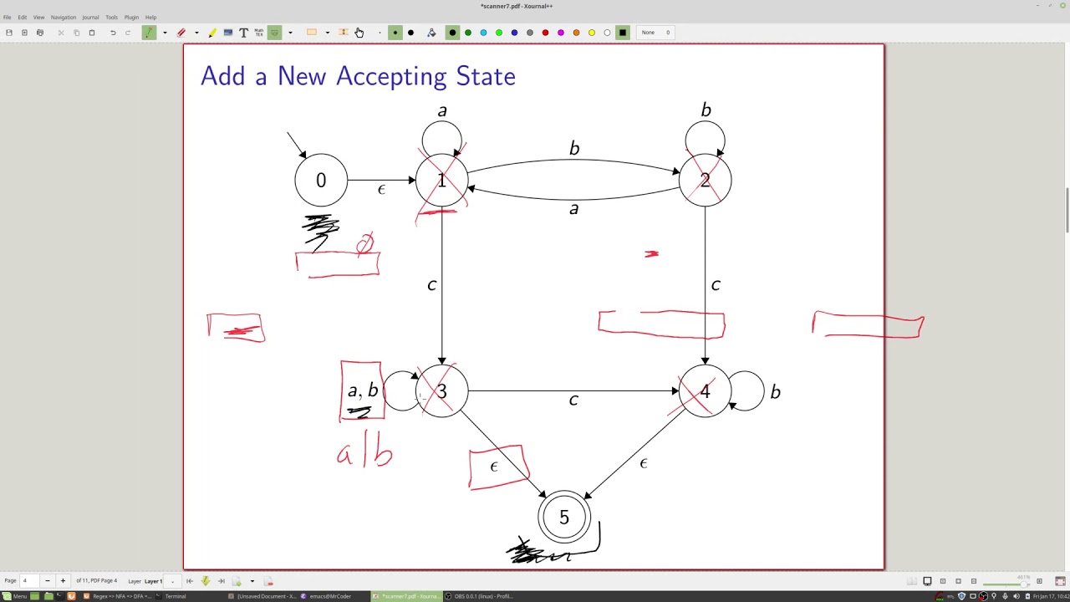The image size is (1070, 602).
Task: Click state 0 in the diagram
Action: tap(321, 181)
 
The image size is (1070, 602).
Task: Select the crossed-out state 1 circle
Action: tap(441, 181)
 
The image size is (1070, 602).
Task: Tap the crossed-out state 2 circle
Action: tap(705, 181)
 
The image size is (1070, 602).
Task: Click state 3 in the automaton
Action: tap(441, 391)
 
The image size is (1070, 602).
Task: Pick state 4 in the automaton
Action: tap(705, 391)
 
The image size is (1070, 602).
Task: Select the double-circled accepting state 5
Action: tap(564, 518)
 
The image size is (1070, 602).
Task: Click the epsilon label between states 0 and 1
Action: tap(381, 191)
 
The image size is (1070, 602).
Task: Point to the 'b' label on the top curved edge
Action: tap(574, 149)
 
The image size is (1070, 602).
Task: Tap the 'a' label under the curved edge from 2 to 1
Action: tap(573, 209)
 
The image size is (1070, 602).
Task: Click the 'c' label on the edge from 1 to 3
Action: tap(431, 285)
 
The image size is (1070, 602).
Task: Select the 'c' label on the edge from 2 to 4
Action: tap(716, 285)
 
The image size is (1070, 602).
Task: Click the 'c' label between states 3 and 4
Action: tap(573, 400)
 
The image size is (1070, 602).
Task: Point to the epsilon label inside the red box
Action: tap(494, 467)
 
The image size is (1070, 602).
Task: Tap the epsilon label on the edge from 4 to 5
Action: tap(644, 463)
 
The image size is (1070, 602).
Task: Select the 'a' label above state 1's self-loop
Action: tap(442, 111)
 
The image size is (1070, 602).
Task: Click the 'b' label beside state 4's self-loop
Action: tap(776, 392)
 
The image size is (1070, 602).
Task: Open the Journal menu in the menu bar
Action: tap(90, 17)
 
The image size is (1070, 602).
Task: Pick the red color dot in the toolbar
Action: tap(545, 33)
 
